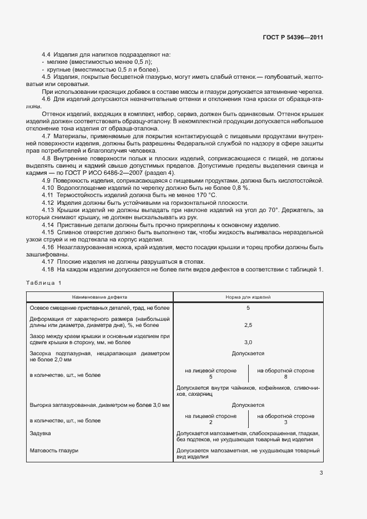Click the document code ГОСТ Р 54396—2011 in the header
(x=293, y=38)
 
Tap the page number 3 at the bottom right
(x=321, y=473)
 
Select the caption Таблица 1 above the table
(x=44, y=284)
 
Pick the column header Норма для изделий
(x=248, y=298)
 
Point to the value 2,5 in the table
(x=248, y=325)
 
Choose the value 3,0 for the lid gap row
(x=248, y=342)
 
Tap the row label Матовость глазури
(x=53, y=450)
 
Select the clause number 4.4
(x=47, y=54)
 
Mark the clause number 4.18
(x=48, y=269)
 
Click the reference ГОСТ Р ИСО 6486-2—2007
(x=108, y=173)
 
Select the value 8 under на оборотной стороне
(x=285, y=377)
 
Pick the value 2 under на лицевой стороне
(x=210, y=422)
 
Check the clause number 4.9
(x=47, y=180)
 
